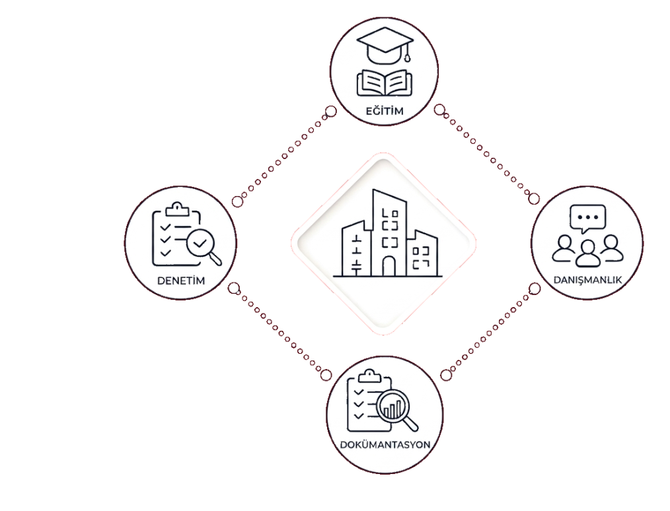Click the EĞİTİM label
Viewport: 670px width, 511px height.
[385, 111]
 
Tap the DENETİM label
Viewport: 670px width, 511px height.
[181, 281]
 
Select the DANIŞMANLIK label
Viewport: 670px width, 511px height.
[587, 280]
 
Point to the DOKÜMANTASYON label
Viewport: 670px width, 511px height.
[385, 444]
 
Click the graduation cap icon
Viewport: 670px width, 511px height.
[385, 45]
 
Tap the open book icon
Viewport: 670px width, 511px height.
[385, 83]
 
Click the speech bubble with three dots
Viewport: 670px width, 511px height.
[588, 219]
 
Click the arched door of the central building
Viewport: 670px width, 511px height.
[389, 266]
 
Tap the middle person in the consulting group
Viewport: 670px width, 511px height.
[588, 253]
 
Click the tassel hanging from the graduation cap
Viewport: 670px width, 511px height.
[408, 53]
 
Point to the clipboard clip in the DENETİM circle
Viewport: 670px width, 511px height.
[177, 209]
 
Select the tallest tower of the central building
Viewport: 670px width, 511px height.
[389, 232]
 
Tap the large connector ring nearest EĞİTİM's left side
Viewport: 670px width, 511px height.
[331, 112]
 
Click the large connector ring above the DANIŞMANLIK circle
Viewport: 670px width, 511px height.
[534, 199]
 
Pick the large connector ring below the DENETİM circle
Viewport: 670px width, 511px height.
[233, 289]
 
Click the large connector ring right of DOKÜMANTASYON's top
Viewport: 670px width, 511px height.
[446, 375]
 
